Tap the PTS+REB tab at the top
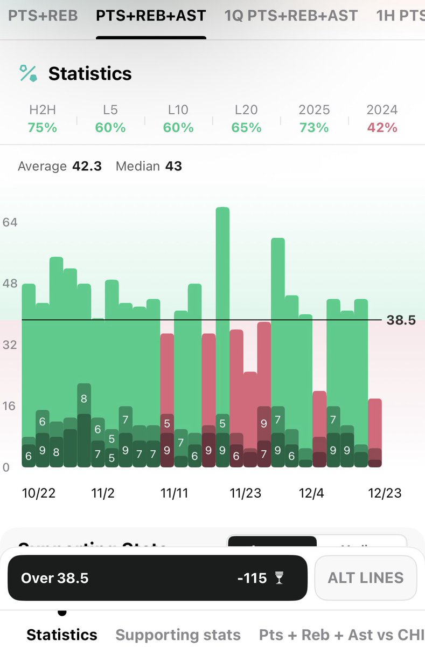click(x=43, y=16)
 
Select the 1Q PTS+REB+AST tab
click(x=291, y=16)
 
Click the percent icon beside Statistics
click(x=29, y=73)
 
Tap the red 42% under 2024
click(x=382, y=128)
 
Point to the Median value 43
click(x=173, y=166)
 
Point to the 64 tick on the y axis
click(x=11, y=222)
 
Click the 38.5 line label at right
click(x=401, y=320)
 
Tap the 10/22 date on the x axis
click(x=39, y=493)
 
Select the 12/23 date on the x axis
click(x=385, y=493)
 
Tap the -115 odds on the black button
click(x=252, y=578)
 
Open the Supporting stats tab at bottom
click(x=178, y=635)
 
